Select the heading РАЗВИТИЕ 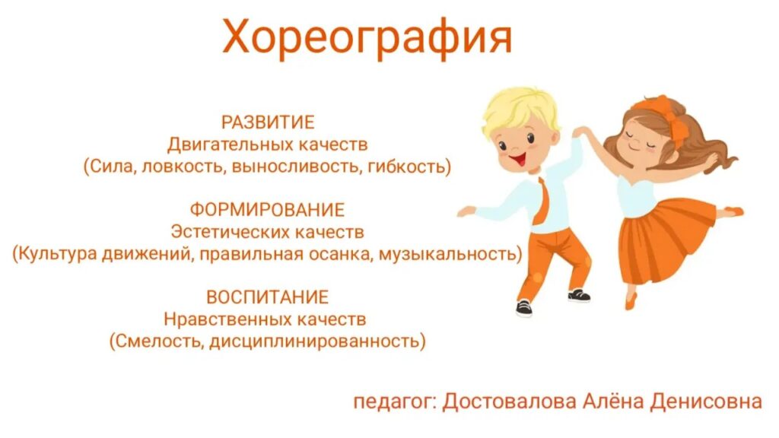[268, 122]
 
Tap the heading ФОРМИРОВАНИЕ [267, 210]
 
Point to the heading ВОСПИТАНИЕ [267, 297]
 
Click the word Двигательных [230, 145]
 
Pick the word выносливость [296, 167]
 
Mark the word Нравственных [227, 319]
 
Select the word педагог [394, 402]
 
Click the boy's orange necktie [542, 200]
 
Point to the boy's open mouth [518, 160]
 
